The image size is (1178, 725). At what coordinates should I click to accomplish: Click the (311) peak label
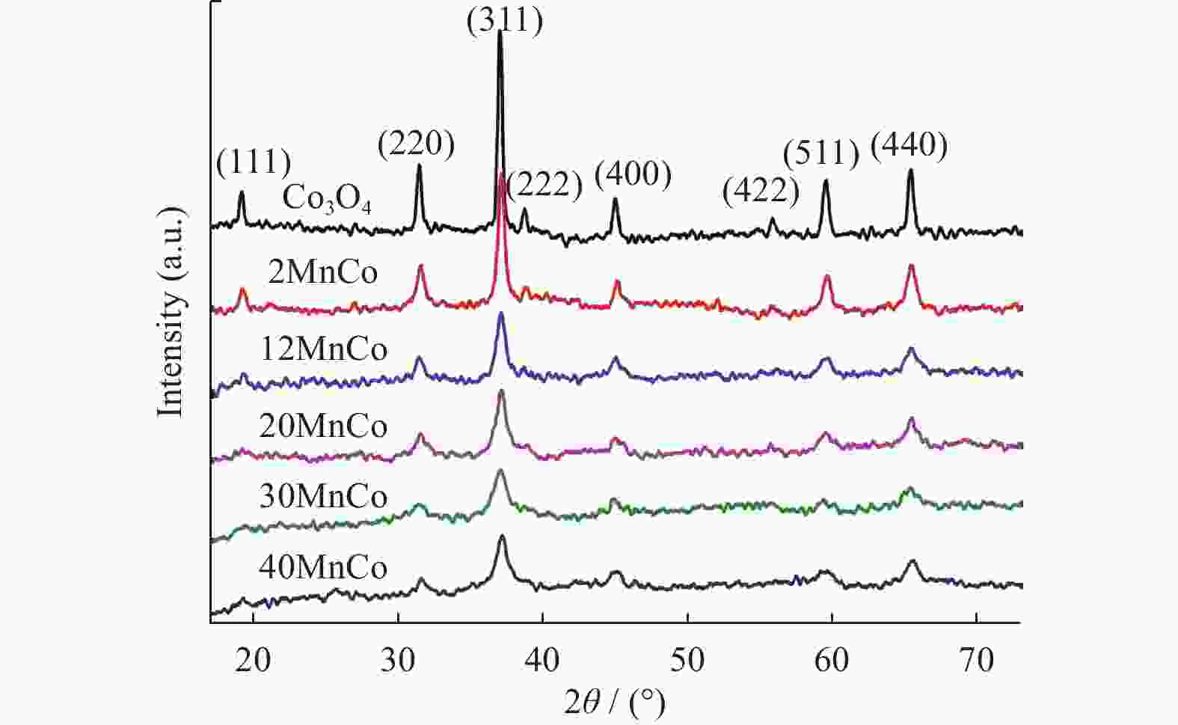(x=504, y=20)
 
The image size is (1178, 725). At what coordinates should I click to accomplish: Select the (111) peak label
(x=253, y=161)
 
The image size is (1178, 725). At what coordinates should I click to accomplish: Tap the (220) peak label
(x=416, y=143)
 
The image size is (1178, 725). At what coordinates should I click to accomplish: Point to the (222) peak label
(x=544, y=185)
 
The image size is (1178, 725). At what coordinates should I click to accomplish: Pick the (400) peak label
(x=633, y=174)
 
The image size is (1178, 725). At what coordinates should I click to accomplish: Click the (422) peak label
(x=760, y=192)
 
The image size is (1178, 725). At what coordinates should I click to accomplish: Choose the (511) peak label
(x=821, y=153)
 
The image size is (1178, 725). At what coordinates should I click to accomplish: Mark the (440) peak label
(x=909, y=144)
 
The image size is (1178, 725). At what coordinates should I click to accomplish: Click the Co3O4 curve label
(x=327, y=200)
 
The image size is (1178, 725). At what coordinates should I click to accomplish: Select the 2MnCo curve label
(x=322, y=272)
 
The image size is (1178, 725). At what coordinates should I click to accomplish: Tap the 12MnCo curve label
(x=323, y=349)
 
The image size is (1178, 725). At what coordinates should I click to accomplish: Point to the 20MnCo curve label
(x=323, y=426)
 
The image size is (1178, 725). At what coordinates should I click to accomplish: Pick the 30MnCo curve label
(x=323, y=497)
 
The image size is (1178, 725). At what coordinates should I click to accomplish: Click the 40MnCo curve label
(x=323, y=568)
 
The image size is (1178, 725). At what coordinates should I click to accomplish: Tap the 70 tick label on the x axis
(x=976, y=660)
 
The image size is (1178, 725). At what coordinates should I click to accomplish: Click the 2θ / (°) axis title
(x=614, y=703)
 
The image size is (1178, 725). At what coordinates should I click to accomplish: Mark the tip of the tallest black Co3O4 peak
(x=500, y=31)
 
